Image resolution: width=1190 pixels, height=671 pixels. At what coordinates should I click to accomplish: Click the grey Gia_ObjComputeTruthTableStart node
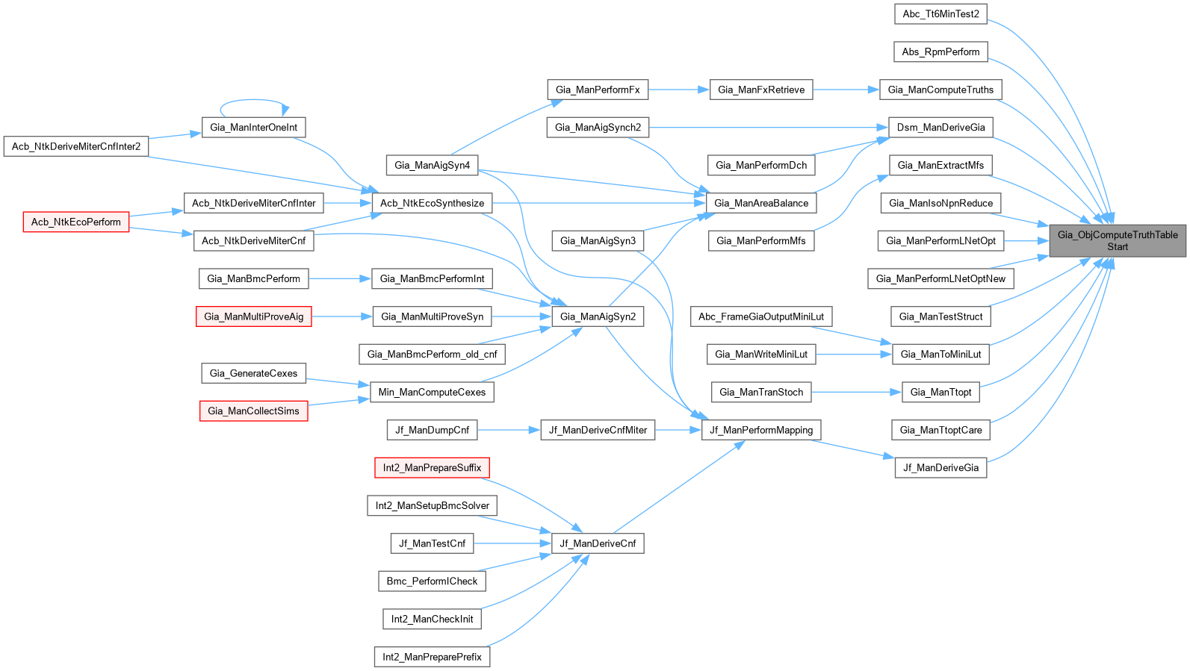point(1117,240)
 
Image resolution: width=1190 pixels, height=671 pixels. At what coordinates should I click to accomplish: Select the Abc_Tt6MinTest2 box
point(940,13)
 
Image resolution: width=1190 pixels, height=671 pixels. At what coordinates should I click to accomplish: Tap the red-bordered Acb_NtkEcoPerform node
point(75,222)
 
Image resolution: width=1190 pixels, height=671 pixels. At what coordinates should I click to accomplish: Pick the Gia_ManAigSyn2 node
point(598,316)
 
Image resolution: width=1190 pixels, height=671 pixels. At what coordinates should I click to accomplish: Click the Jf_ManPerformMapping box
point(760,430)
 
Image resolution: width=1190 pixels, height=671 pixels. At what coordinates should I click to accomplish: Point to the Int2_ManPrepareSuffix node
point(432,468)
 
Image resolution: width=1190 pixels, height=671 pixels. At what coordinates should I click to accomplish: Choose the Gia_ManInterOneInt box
point(253,127)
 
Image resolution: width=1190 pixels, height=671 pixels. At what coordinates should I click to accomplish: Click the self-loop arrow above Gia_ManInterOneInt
point(254,100)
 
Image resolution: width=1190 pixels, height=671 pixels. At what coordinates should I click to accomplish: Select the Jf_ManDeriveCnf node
point(598,543)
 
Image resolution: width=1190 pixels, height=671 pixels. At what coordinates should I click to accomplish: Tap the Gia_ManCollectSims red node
point(253,411)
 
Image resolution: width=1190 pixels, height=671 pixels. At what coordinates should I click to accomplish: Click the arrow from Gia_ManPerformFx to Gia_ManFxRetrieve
point(678,90)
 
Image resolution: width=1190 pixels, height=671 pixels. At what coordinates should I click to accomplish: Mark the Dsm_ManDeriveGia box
point(940,127)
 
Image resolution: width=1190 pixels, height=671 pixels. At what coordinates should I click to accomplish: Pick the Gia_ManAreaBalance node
point(760,203)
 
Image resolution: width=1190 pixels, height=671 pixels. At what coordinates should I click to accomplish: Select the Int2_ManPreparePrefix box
point(432,657)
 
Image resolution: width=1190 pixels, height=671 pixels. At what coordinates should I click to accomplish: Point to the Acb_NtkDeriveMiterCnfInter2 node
point(75,146)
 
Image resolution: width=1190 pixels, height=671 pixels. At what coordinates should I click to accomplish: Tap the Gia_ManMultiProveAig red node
point(253,316)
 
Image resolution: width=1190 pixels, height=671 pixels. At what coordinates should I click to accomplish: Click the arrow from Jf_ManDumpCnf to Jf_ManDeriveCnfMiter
point(508,430)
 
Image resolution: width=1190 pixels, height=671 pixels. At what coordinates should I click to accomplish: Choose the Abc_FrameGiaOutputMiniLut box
point(760,316)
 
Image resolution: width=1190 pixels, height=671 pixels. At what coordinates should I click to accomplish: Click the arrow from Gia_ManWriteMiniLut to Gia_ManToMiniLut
point(853,355)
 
